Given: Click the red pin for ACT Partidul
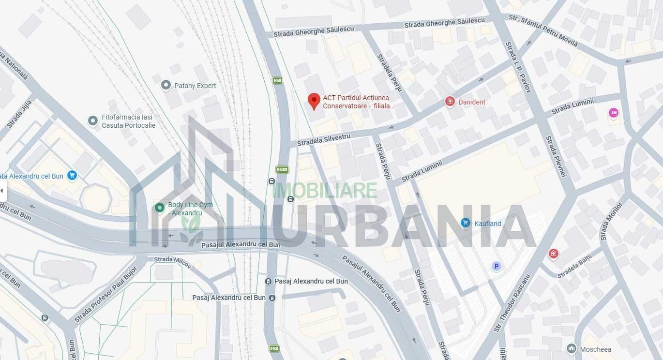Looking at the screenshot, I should pos(314,101).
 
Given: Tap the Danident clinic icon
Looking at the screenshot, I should pos(450,102).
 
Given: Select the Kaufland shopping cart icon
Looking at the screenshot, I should pos(466,223).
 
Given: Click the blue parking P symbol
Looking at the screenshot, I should pos(496,266).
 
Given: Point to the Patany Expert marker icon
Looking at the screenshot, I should pos(166,86).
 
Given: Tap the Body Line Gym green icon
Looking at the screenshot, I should pos(160,208).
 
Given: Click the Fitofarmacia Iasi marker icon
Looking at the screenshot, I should pos(93,120).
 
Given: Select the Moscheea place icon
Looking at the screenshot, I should pos(572,349).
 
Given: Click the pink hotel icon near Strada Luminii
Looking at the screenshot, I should pos(614,113).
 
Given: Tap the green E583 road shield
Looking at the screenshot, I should pos(282,169).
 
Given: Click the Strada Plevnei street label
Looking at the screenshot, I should pos(556,156).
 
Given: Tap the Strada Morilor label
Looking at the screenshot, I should pos(611,221).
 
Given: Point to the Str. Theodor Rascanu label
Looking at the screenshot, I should pos(512,303).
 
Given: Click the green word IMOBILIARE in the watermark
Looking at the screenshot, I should pos(325,190).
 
